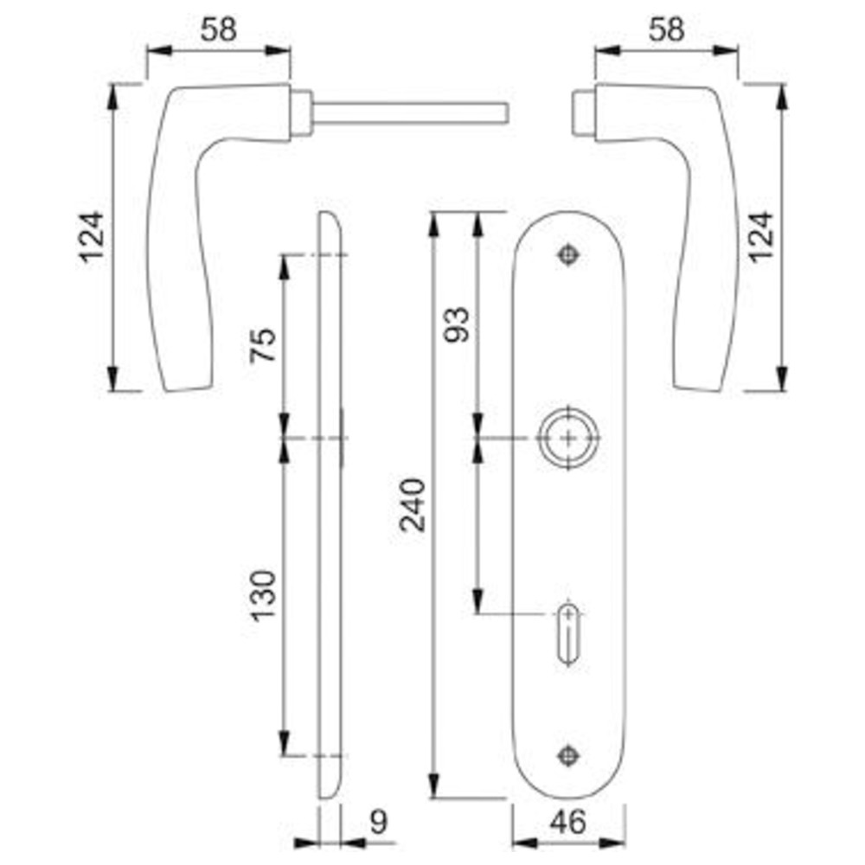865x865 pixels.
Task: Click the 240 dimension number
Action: [413, 504]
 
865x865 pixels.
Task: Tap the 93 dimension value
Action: [458, 324]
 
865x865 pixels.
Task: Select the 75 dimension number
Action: [263, 344]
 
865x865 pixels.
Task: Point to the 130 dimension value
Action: [263, 596]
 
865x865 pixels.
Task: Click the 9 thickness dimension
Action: [379, 822]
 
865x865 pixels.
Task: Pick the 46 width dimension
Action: [568, 822]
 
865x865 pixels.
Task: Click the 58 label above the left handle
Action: [219, 29]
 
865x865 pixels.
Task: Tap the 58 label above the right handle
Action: [666, 29]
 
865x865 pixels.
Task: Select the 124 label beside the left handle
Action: [92, 236]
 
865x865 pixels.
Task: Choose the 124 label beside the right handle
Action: [761, 236]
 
